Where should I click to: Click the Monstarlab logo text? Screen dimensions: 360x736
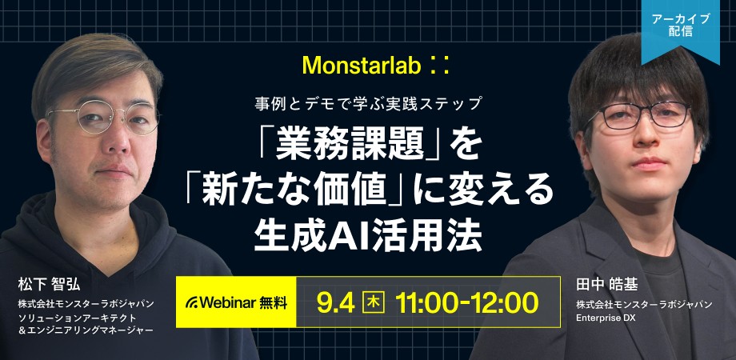[358, 62]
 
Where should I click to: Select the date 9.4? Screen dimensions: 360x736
[335, 302]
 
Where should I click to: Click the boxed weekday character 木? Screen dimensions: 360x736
[373, 302]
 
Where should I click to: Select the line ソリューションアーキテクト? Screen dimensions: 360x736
[71, 318]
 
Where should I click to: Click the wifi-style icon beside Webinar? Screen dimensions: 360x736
[192, 302]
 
